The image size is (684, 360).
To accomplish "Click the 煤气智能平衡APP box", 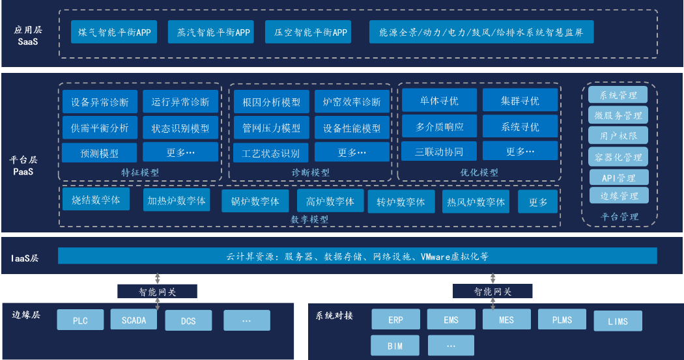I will (114, 32).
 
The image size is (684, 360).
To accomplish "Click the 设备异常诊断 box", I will (100, 102).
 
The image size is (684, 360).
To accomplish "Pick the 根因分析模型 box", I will (271, 102).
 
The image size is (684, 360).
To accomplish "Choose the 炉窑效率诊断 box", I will (352, 102).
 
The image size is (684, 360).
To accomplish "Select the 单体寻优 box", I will (439, 101).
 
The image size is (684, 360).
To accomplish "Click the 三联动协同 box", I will (439, 152).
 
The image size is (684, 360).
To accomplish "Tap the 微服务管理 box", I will (618, 116).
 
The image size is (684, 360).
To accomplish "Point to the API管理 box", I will (618, 178).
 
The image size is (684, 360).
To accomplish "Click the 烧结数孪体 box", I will (96, 200).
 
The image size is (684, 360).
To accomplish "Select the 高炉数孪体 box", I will (330, 201).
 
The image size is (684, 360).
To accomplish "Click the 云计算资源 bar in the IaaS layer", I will (357, 256).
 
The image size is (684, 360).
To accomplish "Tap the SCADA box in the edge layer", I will (134, 320).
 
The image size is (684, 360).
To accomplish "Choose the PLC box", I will (80, 320).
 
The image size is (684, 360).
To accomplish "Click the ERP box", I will (395, 320).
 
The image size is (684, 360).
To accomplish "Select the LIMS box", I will (618, 321).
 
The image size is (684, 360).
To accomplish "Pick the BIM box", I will (395, 346).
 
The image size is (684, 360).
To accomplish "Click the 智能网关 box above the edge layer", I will (157, 292).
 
